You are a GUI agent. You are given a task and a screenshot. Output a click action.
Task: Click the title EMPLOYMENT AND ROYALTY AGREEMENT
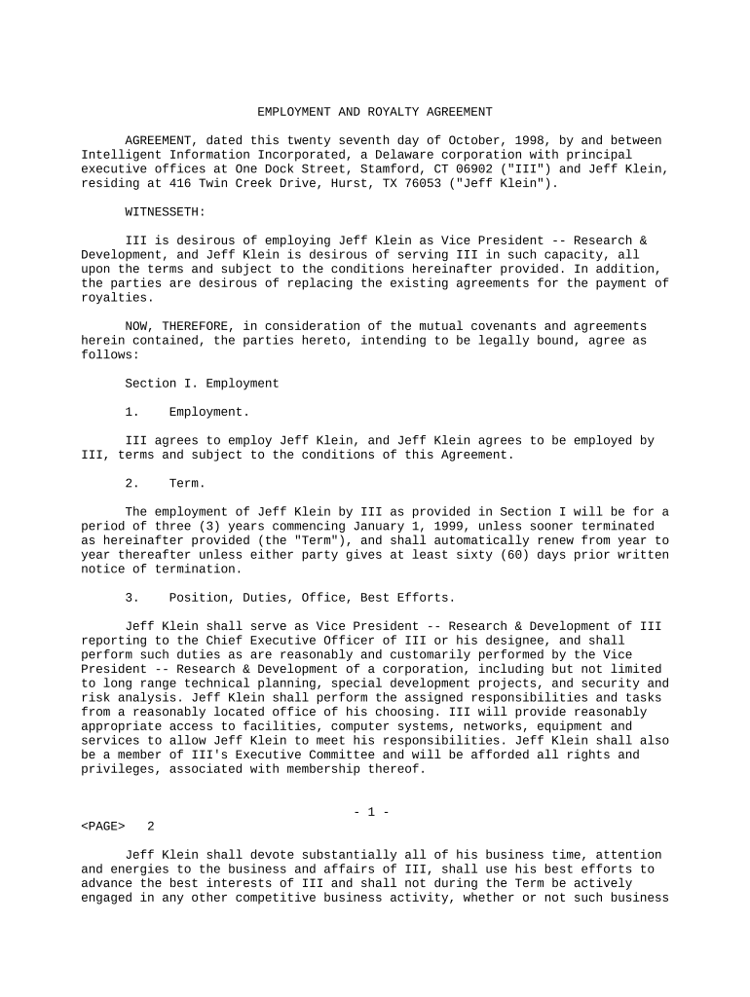[374, 112]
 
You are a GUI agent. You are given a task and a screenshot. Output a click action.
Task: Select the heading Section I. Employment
[202, 384]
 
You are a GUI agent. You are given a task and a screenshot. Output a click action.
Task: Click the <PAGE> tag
[103, 827]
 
